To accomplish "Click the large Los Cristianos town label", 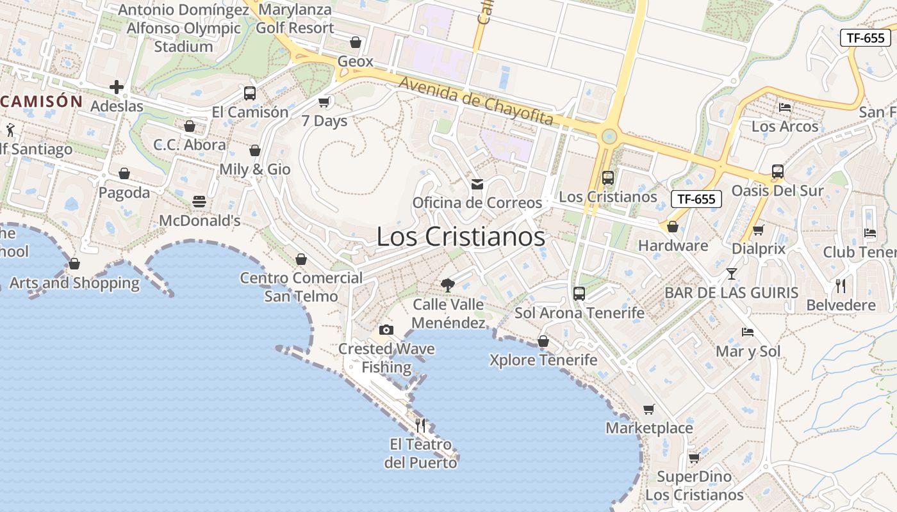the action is tap(461, 237).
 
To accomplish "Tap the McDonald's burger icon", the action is tap(199, 202).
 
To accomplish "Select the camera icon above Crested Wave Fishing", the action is tap(386, 330).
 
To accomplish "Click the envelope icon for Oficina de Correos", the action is tap(477, 184).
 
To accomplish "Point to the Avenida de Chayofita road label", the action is tap(475, 100).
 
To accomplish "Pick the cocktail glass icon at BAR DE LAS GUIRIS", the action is tap(731, 274).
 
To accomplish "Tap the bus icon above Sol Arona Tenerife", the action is tap(579, 294).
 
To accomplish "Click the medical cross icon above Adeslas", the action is tap(117, 86).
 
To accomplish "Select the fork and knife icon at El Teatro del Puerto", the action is tap(420, 425).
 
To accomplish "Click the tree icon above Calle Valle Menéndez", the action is tap(448, 285).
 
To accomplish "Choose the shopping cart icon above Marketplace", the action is tap(649, 409).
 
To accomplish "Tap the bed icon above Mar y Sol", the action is tap(748, 332).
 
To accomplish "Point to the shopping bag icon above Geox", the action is tap(356, 42).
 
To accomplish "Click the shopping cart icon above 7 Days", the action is tap(324, 102).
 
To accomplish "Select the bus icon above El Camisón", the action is tap(250, 93).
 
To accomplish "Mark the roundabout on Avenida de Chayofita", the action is tap(609, 136).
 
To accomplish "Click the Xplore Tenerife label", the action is tap(543, 360).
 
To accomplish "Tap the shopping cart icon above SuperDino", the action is tap(694, 458).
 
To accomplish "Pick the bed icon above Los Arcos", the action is tap(785, 107).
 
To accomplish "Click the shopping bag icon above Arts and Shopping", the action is tap(74, 264).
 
